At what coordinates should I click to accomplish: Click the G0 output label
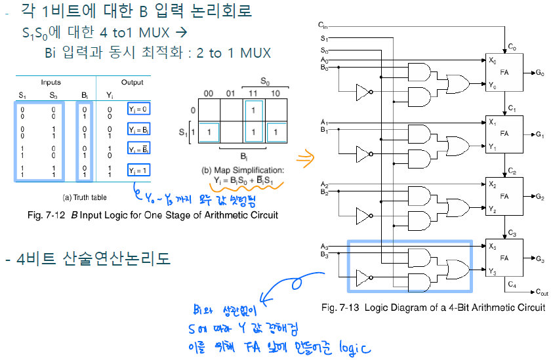(540, 72)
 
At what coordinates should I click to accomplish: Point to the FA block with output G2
(502, 196)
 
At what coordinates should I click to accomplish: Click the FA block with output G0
(502, 72)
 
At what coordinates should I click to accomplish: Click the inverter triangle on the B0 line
(361, 91)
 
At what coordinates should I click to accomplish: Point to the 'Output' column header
(132, 83)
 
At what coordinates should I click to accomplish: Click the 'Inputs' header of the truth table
(51, 83)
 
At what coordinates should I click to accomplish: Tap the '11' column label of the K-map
(252, 93)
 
